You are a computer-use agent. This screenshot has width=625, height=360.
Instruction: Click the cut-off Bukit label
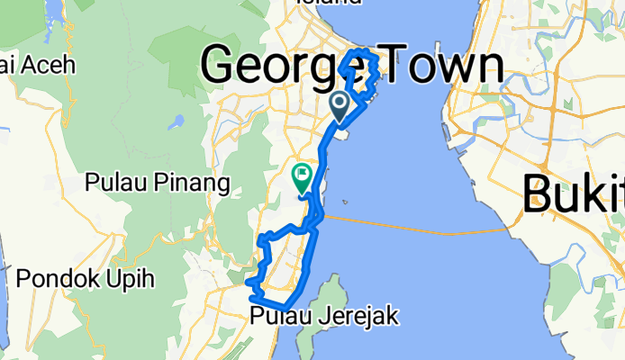pos(574,193)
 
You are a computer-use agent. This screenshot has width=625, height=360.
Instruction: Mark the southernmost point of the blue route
pos(284,309)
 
